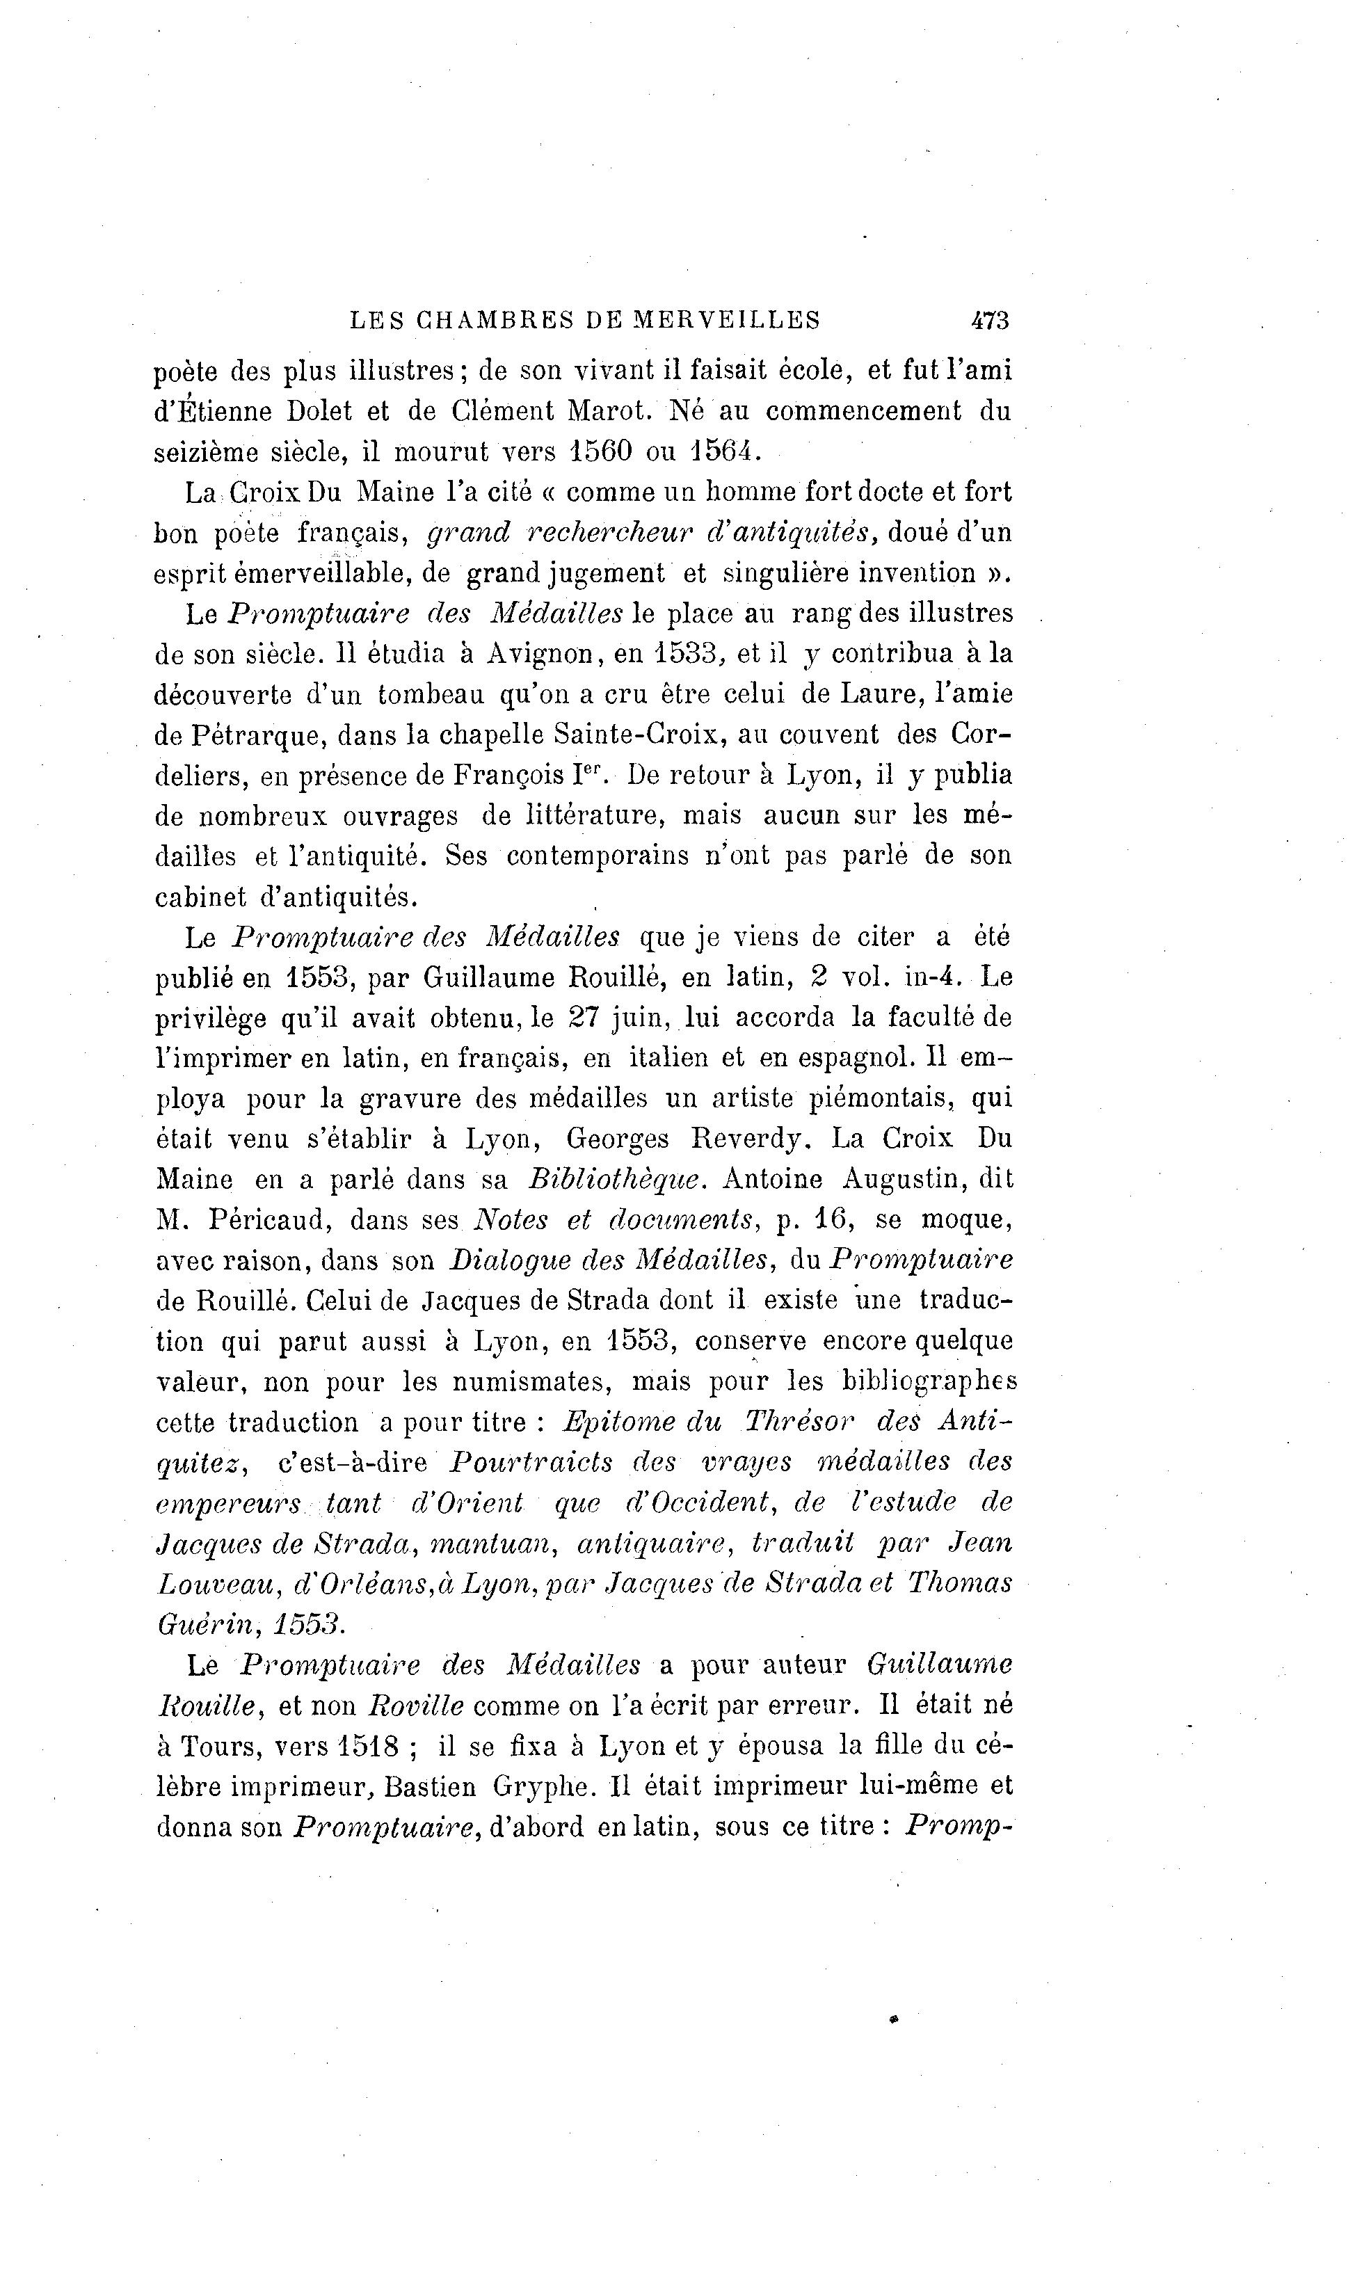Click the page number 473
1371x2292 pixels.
[989, 321]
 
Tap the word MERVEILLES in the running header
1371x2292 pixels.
[726, 321]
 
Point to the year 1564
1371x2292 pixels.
[727, 451]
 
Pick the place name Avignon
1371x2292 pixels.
[540, 653]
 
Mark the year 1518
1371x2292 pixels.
[368, 1746]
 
